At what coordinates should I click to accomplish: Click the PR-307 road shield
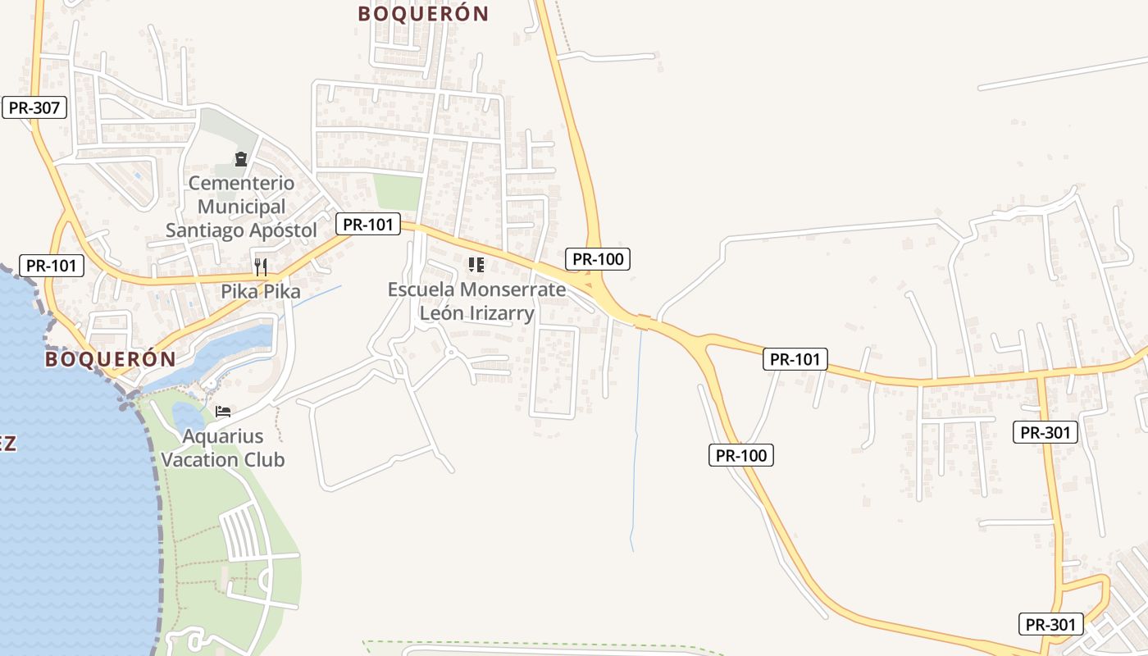[x=34, y=107]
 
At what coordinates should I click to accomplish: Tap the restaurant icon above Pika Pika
[x=261, y=266]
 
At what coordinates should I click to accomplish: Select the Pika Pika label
[x=261, y=291]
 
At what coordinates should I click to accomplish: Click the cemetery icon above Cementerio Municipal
[x=241, y=158]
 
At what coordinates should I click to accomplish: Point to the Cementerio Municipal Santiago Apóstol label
[x=241, y=207]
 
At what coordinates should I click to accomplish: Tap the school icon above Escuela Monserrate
[x=476, y=265]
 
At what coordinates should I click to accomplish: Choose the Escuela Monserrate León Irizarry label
[x=476, y=301]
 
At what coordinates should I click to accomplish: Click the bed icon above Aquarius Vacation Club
[x=223, y=412]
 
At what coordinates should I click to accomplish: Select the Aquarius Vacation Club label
[x=223, y=448]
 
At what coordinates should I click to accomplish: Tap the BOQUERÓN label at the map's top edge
[x=423, y=14]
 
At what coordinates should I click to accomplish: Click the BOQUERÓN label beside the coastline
[x=111, y=359]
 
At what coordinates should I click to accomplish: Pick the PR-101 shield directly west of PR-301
[x=795, y=358]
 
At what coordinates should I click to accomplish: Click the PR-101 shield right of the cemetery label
[x=368, y=224]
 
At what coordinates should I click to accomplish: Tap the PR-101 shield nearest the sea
[x=51, y=266]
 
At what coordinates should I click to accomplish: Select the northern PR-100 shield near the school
[x=598, y=259]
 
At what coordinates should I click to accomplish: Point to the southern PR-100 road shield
[x=741, y=455]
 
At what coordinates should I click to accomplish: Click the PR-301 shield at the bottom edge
[x=1051, y=624]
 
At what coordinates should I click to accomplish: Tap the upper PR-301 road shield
[x=1045, y=432]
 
